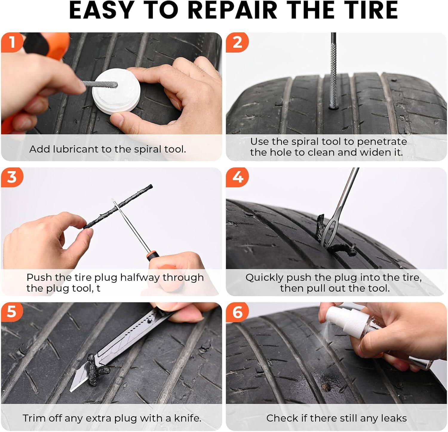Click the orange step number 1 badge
click(12, 42)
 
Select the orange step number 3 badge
click(12, 177)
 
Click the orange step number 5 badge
click(12, 312)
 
